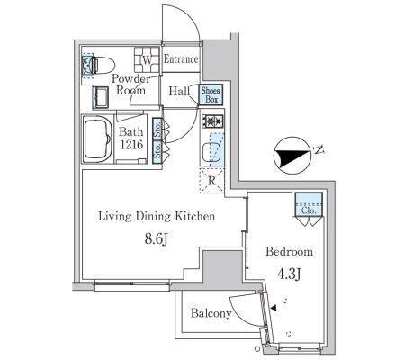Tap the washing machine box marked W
[147, 59]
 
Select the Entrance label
[181, 59]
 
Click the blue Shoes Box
[211, 94]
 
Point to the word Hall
[179, 91]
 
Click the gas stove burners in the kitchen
[212, 121]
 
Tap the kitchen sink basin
[211, 152]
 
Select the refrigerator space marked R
[211, 180]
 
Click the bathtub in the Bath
[98, 139]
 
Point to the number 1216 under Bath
[131, 145]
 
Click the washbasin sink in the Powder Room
[101, 97]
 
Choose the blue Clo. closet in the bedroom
[309, 204]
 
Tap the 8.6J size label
[156, 239]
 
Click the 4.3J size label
[289, 274]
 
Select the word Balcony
[211, 313]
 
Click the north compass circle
[292, 156]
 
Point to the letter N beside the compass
[319, 149]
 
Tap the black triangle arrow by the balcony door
[274, 308]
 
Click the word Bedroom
[289, 251]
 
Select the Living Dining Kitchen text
[157, 216]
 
